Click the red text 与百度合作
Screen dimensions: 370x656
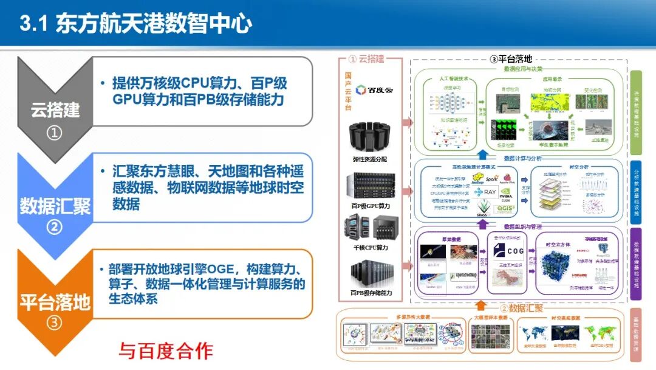click(166, 350)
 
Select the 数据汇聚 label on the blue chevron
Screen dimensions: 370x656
click(55, 206)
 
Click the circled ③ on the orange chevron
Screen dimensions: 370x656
click(55, 323)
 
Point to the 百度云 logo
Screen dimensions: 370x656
click(374, 89)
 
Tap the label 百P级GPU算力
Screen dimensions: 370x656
click(371, 206)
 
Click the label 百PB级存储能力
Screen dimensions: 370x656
click(371, 293)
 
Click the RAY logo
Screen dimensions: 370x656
click(490, 192)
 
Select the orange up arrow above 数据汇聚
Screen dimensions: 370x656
click(480, 303)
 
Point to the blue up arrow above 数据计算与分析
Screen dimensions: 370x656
click(481, 154)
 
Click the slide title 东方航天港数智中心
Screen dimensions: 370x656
click(153, 24)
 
